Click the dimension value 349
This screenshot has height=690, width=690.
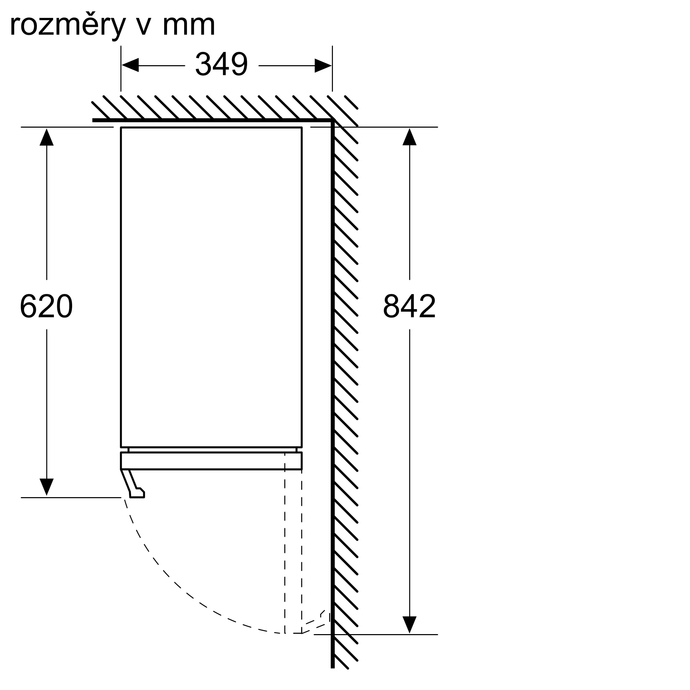pyautogui.click(x=221, y=64)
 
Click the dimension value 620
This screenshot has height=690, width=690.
pyautogui.click(x=47, y=306)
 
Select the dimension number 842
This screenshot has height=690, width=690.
pyautogui.click(x=410, y=306)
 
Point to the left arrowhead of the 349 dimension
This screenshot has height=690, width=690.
pyautogui.click(x=130, y=65)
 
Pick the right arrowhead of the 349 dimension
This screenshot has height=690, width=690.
pyautogui.click(x=323, y=65)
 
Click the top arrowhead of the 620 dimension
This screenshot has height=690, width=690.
pyautogui.click(x=47, y=137)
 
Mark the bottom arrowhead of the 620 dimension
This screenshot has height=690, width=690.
pyautogui.click(x=47, y=487)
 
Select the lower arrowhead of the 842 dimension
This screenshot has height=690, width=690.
pyautogui.click(x=410, y=625)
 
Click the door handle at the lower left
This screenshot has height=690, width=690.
pyautogui.click(x=133, y=484)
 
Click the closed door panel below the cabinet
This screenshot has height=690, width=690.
pyautogui.click(x=211, y=461)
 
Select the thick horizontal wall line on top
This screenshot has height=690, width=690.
pyautogui.click(x=213, y=120)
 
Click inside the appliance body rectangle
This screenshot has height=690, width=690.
pyautogui.click(x=211, y=287)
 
